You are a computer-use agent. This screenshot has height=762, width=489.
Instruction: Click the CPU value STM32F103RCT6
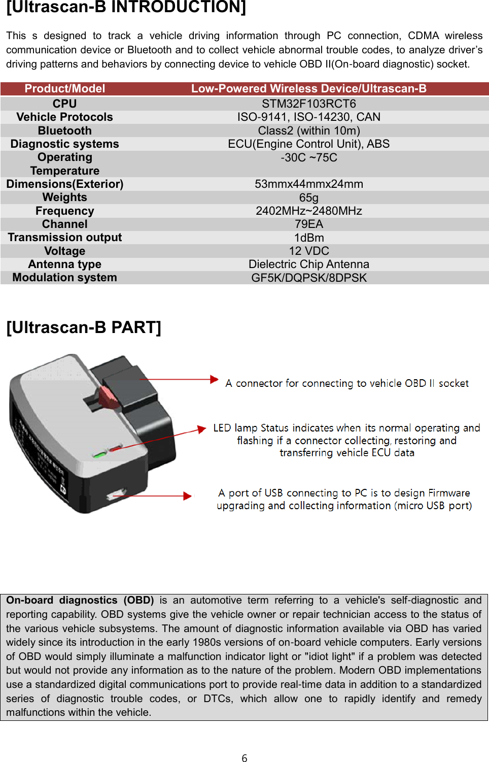point(308,104)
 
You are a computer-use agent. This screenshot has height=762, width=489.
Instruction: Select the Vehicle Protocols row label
point(64,117)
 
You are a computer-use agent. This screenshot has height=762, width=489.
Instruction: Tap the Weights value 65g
point(308,197)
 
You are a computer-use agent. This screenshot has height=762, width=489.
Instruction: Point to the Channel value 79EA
point(308,224)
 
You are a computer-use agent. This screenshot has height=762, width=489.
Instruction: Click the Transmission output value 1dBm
point(308,238)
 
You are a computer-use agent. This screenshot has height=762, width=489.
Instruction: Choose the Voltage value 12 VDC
point(308,251)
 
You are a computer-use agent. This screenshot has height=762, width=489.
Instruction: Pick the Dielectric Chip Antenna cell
point(308,264)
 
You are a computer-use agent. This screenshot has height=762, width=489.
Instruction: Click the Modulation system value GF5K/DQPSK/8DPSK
point(308,278)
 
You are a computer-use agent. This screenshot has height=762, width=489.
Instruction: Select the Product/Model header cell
point(64,89)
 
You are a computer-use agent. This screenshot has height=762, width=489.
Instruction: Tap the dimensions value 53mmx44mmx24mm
point(308,184)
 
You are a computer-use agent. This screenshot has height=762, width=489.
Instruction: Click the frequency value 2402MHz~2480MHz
point(308,211)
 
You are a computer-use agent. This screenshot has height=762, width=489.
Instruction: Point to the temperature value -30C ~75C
point(308,158)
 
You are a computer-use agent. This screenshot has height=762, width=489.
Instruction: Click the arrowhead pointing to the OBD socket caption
point(215,379)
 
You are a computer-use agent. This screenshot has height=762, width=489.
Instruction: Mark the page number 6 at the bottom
point(244,758)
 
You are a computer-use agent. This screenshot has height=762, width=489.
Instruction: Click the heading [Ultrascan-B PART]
point(84,327)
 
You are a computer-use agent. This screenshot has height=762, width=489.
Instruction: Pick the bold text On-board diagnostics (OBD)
point(80,601)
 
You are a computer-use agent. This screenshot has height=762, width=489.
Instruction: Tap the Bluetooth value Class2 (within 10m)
point(308,131)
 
